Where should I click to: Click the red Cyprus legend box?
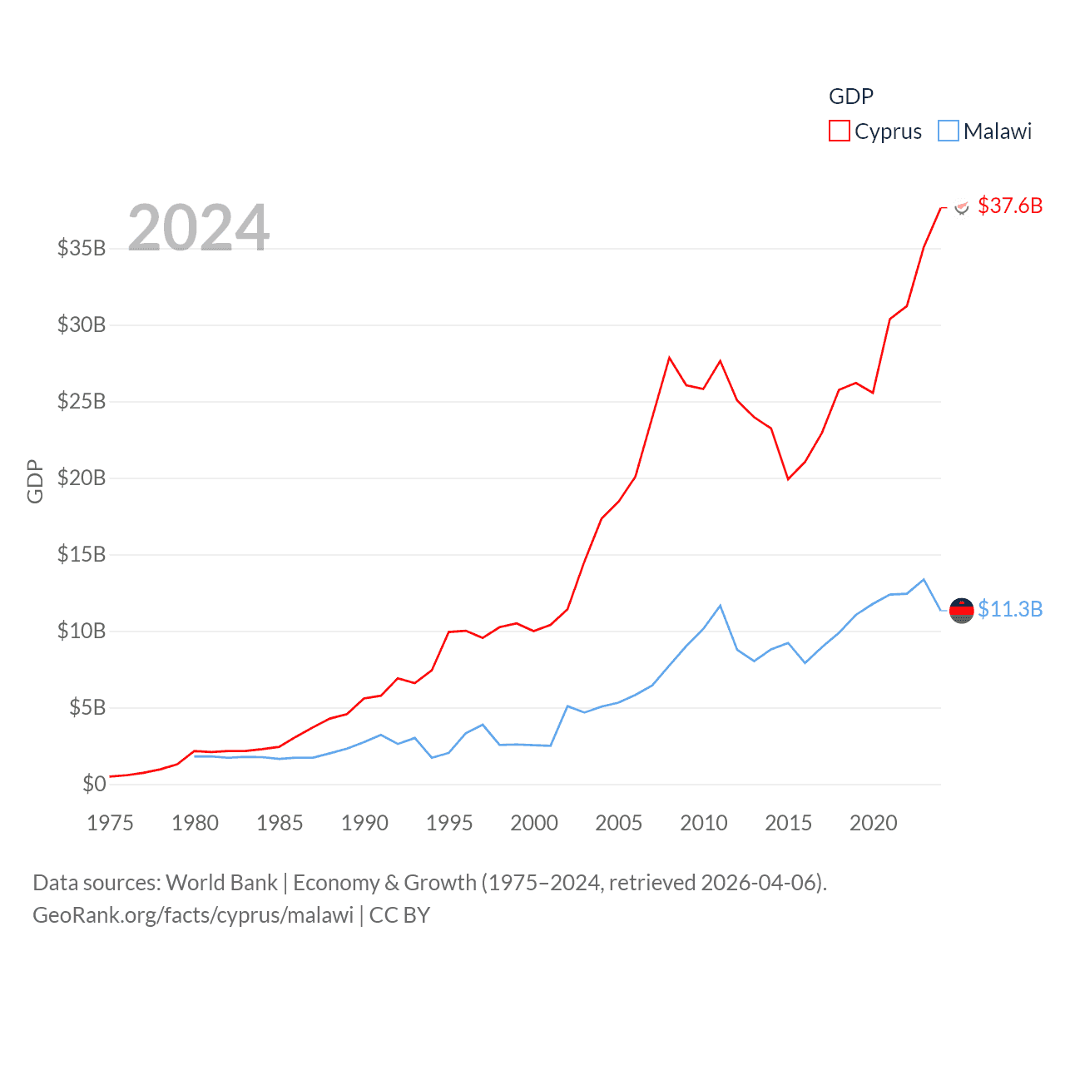click(x=839, y=131)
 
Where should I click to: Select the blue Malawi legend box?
click(x=948, y=131)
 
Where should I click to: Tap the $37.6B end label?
click(x=1010, y=206)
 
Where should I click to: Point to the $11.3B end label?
click(x=1010, y=609)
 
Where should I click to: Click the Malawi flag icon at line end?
click(x=961, y=611)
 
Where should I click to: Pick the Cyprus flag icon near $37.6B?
click(x=962, y=207)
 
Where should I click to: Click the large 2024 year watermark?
click(x=198, y=227)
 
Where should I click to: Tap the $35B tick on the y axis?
click(x=82, y=248)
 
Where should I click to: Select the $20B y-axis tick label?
click(x=82, y=478)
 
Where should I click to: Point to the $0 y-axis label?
click(x=94, y=784)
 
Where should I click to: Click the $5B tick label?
click(x=87, y=707)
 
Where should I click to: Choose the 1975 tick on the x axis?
click(x=111, y=823)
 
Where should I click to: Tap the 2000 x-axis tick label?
click(x=534, y=823)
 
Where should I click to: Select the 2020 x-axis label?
click(x=874, y=823)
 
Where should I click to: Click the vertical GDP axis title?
click(x=35, y=481)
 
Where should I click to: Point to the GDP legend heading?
click(x=851, y=97)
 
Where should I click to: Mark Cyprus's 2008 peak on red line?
click(x=669, y=358)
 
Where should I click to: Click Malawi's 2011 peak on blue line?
click(x=721, y=606)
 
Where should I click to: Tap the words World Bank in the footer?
click(x=221, y=883)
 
